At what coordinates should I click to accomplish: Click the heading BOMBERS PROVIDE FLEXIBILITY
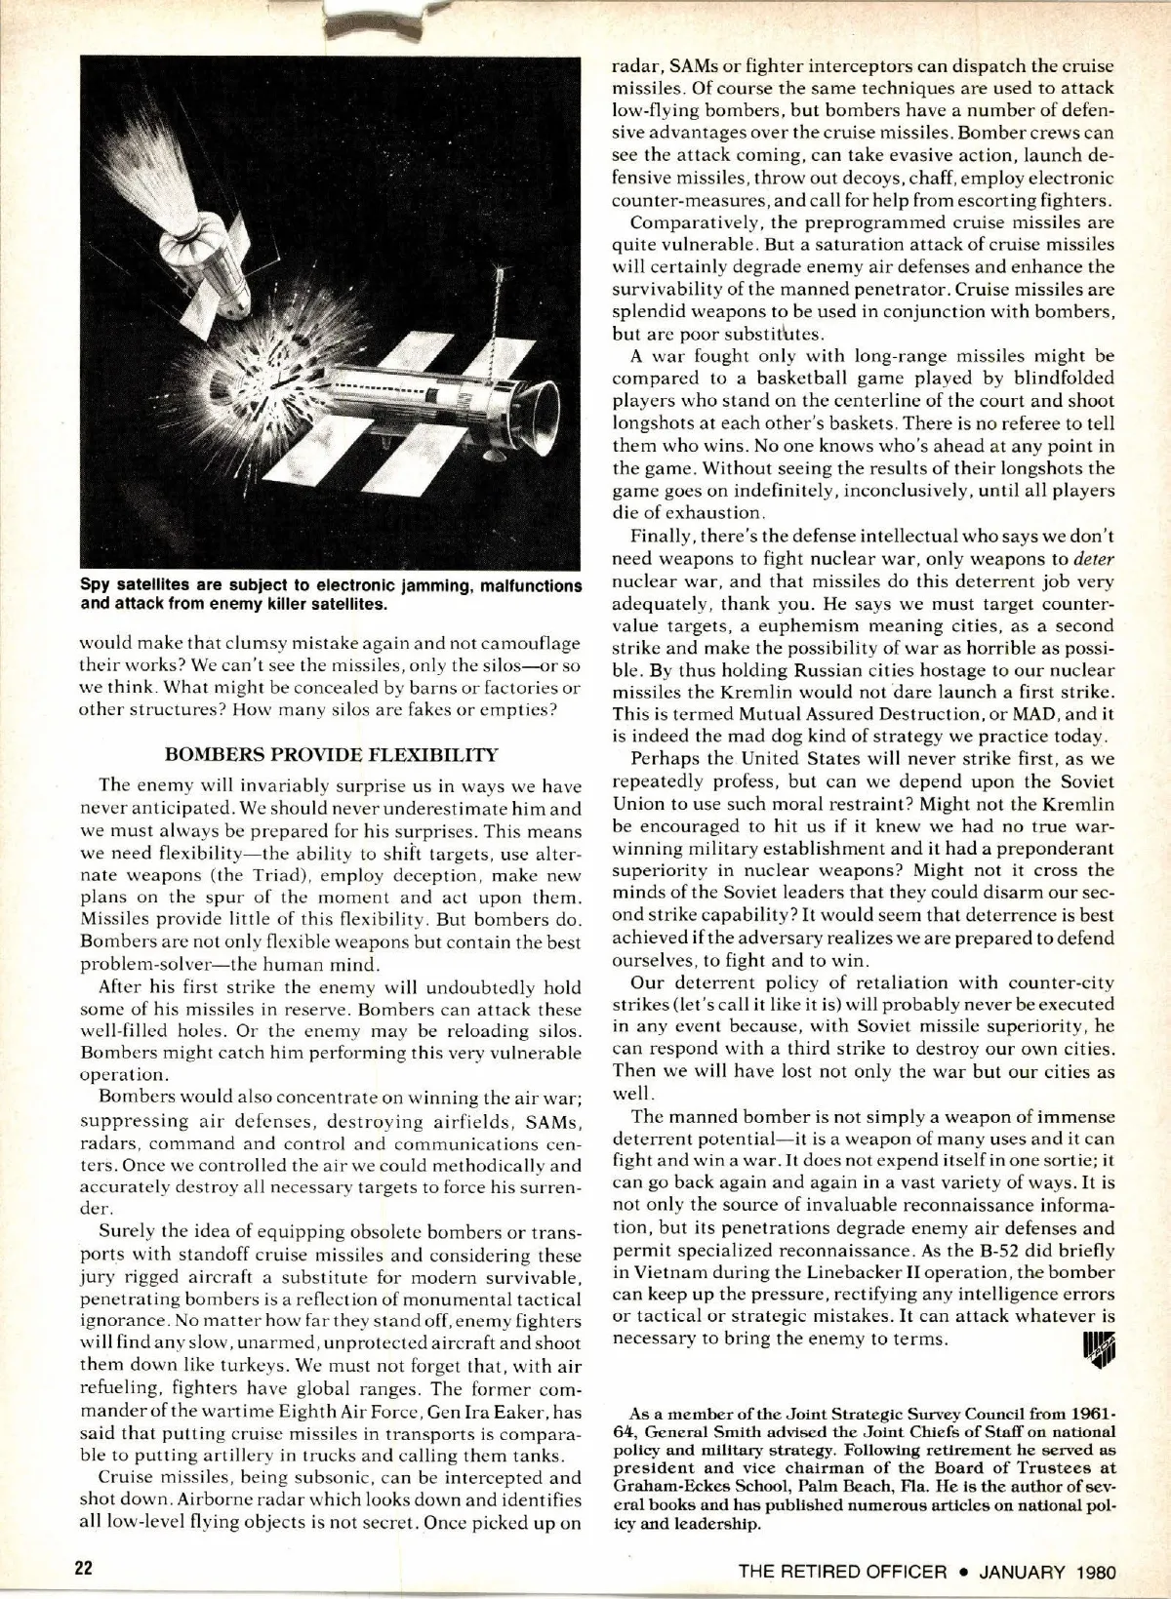pyautogui.click(x=331, y=754)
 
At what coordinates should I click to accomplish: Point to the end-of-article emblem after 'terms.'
pyautogui.click(x=1098, y=1346)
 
